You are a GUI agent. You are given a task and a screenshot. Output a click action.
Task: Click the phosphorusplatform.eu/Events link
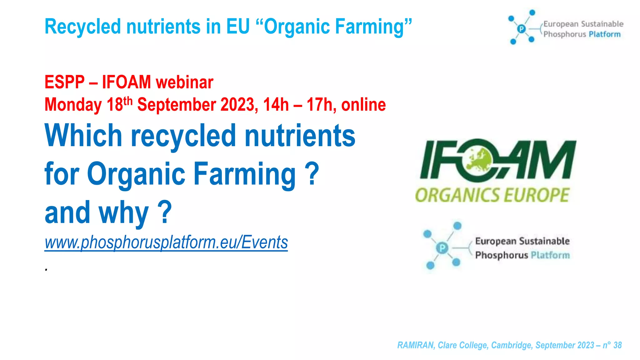166,242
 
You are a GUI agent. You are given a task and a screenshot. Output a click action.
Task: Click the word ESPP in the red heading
64,82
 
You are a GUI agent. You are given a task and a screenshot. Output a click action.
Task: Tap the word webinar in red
184,82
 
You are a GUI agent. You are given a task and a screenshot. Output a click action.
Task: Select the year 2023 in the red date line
239,105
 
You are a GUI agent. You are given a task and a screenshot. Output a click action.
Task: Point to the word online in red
363,105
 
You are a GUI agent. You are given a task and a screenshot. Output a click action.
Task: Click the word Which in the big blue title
83,136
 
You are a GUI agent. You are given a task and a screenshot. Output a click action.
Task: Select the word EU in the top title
238,26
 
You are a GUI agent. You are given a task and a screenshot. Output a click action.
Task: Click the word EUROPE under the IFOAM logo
536,195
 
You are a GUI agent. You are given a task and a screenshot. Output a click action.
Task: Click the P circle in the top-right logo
521,29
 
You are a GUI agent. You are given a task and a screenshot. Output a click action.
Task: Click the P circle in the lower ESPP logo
442,248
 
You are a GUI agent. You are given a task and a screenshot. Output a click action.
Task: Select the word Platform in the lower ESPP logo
550,255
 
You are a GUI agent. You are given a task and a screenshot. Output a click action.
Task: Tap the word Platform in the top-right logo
604,34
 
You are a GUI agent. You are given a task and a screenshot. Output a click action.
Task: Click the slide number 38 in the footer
617,345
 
